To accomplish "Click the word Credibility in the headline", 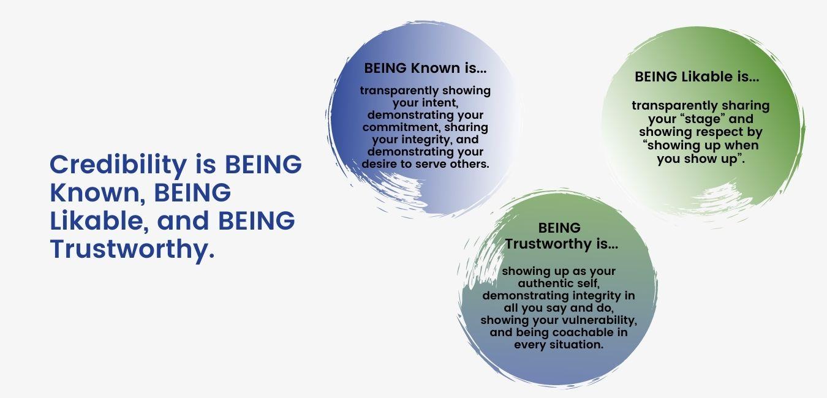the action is tap(118, 165).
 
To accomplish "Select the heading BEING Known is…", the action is tap(425, 68).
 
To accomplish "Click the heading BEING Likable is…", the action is tap(697, 77).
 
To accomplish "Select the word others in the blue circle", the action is tap(470, 163).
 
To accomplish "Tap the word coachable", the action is tap(578, 332).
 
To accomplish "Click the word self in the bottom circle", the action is tap(587, 283).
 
